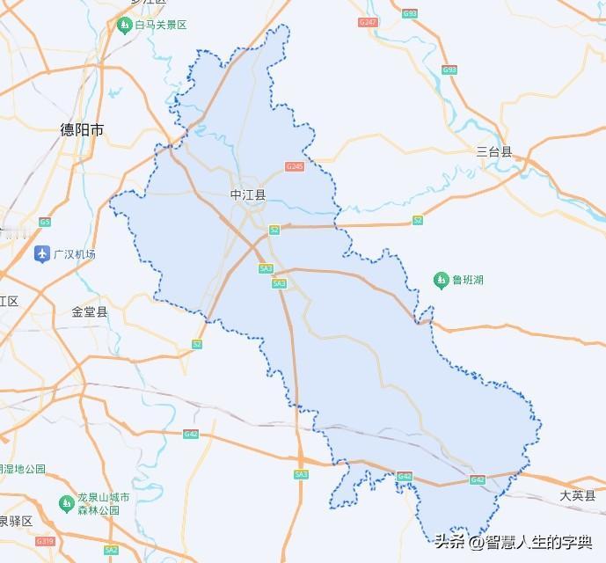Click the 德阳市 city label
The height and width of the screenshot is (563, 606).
click(x=82, y=130)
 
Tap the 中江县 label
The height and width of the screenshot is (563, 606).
click(x=247, y=194)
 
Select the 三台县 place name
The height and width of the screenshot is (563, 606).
click(x=493, y=151)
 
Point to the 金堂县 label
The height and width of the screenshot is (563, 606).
click(x=90, y=311)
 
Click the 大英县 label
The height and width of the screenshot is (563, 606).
click(x=577, y=496)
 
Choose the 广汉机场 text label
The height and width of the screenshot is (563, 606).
click(x=75, y=255)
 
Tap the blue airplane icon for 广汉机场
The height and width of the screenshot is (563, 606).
click(x=41, y=255)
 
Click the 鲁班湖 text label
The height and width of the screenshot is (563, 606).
click(x=468, y=281)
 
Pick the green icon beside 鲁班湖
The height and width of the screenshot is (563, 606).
click(x=442, y=281)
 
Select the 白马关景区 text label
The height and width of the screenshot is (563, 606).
click(x=161, y=25)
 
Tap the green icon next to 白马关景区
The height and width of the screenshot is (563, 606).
click(x=124, y=25)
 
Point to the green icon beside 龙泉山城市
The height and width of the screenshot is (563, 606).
click(x=66, y=503)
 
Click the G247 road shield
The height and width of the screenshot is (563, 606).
click(x=368, y=22)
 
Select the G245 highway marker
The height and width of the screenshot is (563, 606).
click(x=295, y=166)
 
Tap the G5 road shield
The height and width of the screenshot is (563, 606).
click(x=45, y=222)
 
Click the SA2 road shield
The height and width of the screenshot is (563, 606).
click(x=111, y=550)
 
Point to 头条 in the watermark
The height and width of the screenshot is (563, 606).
click(x=449, y=541)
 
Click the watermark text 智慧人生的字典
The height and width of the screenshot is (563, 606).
click(x=537, y=541)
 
